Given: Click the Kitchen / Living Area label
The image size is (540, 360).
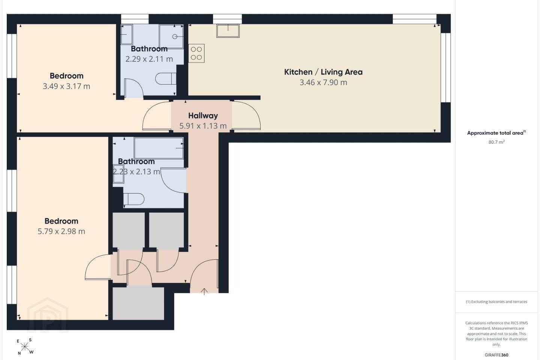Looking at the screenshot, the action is click(x=323, y=72).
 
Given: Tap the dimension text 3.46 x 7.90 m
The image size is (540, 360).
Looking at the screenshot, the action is click(x=323, y=82).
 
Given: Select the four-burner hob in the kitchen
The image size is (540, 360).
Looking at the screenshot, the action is click(x=196, y=53).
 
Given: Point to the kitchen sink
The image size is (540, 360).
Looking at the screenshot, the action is click(x=228, y=31).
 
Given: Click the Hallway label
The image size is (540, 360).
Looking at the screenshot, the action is click(x=203, y=116).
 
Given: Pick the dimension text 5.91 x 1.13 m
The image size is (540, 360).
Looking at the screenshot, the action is click(x=203, y=126).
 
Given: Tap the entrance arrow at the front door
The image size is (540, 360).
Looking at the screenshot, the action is click(x=204, y=291).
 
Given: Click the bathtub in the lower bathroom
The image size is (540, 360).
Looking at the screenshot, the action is click(x=158, y=148).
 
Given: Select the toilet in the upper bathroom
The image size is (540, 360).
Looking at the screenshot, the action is click(x=166, y=79).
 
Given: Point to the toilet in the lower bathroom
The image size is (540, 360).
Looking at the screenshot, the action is click(x=134, y=199).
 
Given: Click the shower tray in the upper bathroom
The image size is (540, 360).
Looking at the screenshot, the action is click(x=171, y=36).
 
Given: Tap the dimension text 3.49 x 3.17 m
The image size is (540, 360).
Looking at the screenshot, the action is click(x=66, y=86).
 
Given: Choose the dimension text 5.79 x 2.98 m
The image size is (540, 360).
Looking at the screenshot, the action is click(x=61, y=231).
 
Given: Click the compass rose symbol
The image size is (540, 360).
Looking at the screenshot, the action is click(x=25, y=347).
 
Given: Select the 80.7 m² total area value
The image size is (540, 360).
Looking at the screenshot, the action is click(x=496, y=142).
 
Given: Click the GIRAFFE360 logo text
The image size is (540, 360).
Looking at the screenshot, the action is click(x=496, y=355).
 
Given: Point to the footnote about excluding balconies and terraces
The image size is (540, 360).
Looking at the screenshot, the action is click(x=496, y=301).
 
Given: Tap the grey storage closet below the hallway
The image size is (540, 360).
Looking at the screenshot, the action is click(x=138, y=303).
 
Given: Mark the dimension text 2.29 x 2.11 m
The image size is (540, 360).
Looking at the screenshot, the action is click(x=149, y=59).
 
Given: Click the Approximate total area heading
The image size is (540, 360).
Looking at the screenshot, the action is click(x=496, y=133).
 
